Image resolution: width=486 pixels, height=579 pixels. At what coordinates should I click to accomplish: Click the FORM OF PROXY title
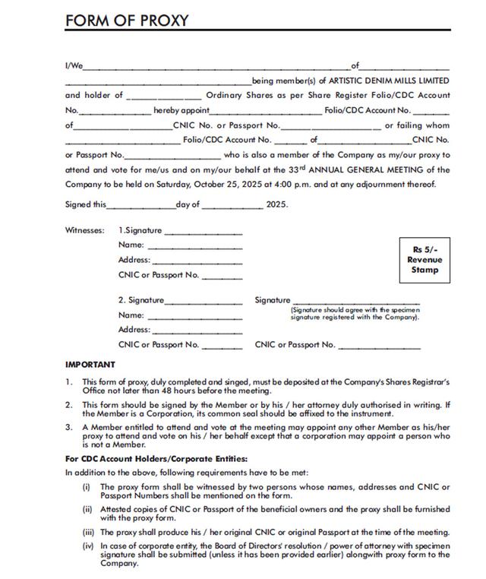click(127, 21)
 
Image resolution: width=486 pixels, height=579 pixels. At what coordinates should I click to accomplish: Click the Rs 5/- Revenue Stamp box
click(425, 260)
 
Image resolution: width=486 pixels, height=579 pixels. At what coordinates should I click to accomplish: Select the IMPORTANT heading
click(90, 365)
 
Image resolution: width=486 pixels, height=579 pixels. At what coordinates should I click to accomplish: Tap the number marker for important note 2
click(68, 405)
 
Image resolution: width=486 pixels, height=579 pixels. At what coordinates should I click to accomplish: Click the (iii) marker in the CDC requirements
click(86, 532)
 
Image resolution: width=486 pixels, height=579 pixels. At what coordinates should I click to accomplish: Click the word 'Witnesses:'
click(85, 230)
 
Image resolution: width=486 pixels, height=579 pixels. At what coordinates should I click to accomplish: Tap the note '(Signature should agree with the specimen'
click(355, 310)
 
